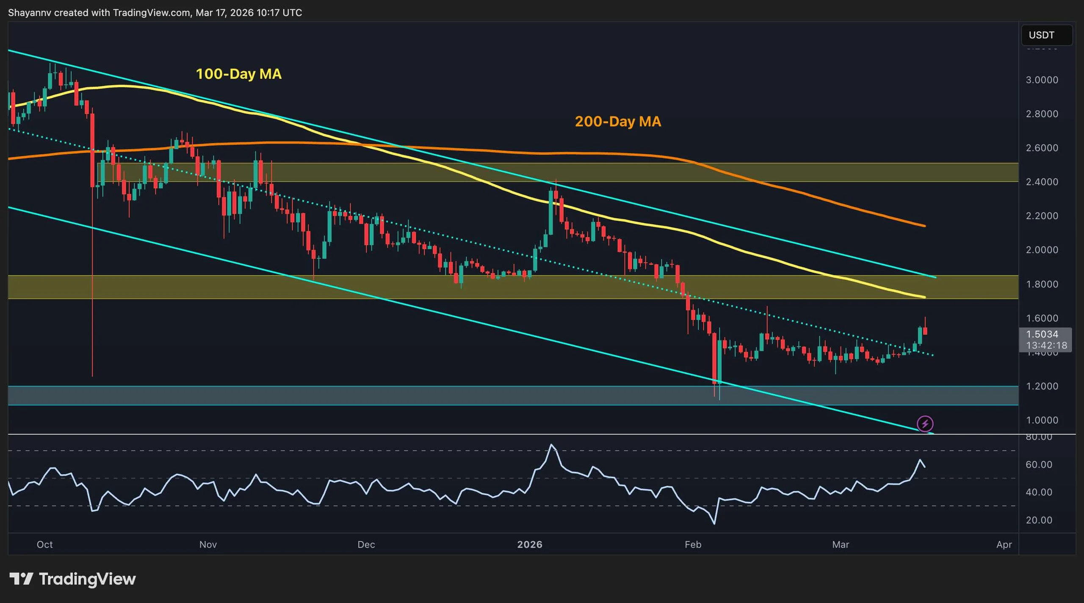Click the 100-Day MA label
click(238, 74)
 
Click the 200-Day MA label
click(617, 122)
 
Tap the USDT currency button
click(1046, 35)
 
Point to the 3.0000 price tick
click(1042, 80)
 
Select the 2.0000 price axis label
click(1042, 250)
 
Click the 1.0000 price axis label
click(1042, 420)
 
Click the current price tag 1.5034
click(1042, 334)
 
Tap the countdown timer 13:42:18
click(1046, 346)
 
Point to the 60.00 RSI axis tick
click(1039, 465)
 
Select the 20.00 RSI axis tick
click(1039, 520)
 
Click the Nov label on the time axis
click(208, 545)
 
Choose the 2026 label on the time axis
click(530, 545)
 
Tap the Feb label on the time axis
click(693, 545)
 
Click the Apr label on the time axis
click(1004, 545)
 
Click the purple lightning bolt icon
click(925, 423)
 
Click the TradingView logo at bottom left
click(72, 579)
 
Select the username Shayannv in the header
click(30, 13)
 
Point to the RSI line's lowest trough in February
click(715, 524)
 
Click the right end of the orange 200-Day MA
click(924, 226)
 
